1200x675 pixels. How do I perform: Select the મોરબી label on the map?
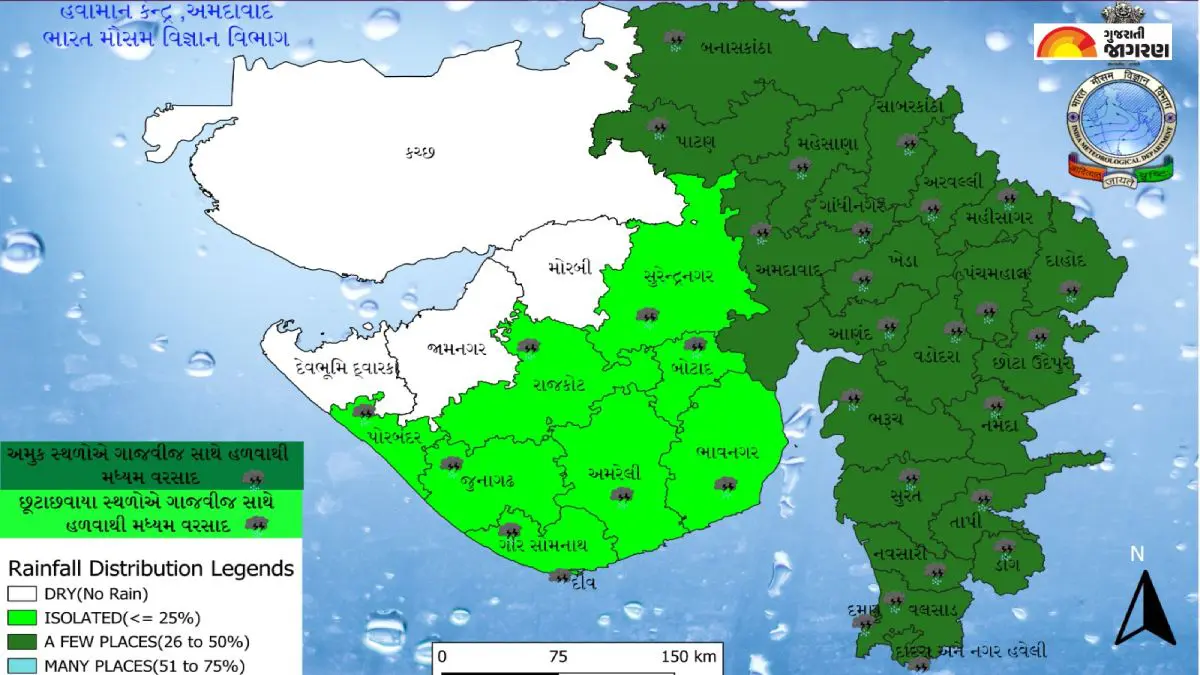[570, 268]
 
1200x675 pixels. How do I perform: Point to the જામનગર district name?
[456, 349]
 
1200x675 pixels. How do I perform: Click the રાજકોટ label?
[566, 384]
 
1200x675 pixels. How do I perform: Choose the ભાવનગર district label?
[726, 452]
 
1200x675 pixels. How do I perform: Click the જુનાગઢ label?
[489, 482]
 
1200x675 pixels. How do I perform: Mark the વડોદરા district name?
[937, 356]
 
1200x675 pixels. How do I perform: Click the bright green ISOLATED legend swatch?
[20, 618]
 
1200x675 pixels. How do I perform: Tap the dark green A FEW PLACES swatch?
[20, 642]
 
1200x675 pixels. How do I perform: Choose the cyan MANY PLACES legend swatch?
[20, 665]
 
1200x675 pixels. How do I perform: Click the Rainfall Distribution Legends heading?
[150, 569]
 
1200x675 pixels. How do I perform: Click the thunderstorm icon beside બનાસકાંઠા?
[675, 41]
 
